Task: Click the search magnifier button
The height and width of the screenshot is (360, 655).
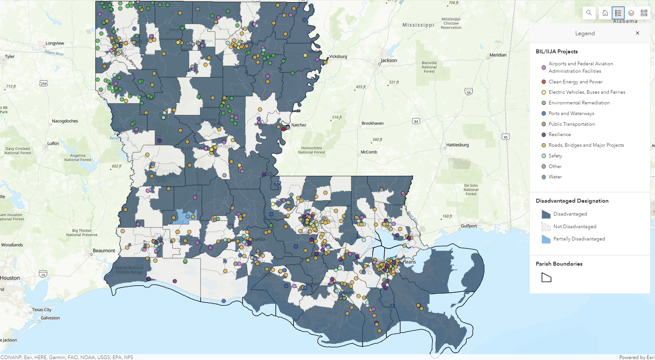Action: tap(589, 13)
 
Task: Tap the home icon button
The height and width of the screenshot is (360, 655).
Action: tap(605, 13)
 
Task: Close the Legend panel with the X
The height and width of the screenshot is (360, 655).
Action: tap(637, 33)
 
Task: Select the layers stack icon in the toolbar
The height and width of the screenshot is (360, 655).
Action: tap(631, 13)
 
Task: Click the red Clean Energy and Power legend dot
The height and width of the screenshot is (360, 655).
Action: tap(544, 82)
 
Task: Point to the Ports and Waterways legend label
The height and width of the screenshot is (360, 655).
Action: tap(571, 113)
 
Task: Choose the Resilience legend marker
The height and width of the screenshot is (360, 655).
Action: tap(544, 134)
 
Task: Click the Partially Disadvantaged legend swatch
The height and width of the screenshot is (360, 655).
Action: tap(546, 239)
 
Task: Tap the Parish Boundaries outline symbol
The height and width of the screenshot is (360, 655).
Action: tap(546, 278)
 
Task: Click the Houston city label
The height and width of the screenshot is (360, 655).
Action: tap(10, 278)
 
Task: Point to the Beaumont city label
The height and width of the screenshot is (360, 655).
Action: tap(104, 251)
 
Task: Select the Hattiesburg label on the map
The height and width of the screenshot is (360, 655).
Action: tap(457, 145)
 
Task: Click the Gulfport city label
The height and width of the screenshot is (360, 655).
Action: tap(469, 226)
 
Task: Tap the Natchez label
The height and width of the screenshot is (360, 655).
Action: tap(298, 125)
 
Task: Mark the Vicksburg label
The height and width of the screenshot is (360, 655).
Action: tap(338, 57)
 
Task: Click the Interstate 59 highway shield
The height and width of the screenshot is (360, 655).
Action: tap(469, 92)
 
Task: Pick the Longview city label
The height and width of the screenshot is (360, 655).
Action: tap(55, 43)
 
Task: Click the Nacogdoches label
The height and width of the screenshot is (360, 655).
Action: tap(65, 121)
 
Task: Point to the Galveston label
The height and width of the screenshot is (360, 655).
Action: tap(50, 318)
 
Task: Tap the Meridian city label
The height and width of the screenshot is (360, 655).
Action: tap(498, 55)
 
